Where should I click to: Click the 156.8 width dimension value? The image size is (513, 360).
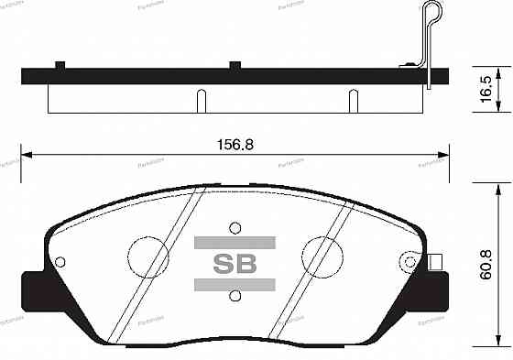[x=235, y=145]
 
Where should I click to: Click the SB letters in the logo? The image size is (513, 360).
[x=235, y=265]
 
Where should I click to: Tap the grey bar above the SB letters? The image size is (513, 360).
[x=235, y=243]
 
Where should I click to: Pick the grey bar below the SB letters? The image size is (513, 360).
[x=235, y=286]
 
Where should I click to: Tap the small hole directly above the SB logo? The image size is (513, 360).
[x=235, y=226]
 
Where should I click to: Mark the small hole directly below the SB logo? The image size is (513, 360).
[x=235, y=296]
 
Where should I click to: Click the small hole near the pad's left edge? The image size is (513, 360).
[x=60, y=262]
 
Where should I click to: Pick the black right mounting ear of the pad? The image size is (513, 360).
[x=441, y=291]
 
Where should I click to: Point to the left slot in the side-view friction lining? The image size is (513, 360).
[x=199, y=99]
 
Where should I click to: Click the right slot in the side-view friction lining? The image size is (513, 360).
[x=349, y=99]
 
